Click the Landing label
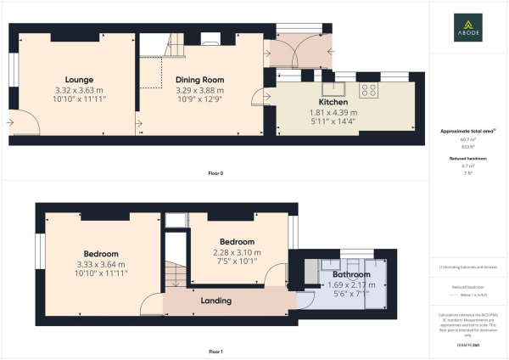click(x=217, y=301)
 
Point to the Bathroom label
click(x=350, y=275)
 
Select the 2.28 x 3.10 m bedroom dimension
click(x=238, y=252)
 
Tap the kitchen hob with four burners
click(x=370, y=87)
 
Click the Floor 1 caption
click(x=215, y=351)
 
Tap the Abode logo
click(x=469, y=28)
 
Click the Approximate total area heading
click(x=467, y=130)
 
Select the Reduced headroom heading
click(x=468, y=158)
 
